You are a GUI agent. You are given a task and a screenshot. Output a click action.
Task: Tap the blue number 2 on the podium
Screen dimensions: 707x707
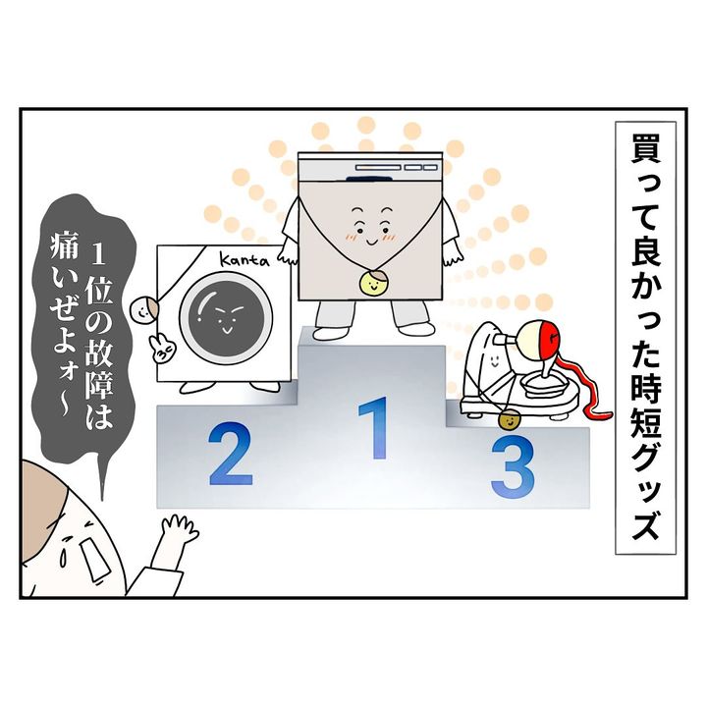click(x=231, y=454)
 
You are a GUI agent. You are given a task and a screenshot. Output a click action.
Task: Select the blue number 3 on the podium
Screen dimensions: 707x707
click(x=513, y=467)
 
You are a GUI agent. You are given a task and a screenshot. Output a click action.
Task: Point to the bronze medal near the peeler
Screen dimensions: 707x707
click(x=509, y=420)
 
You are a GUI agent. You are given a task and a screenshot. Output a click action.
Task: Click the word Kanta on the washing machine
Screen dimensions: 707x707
click(x=244, y=259)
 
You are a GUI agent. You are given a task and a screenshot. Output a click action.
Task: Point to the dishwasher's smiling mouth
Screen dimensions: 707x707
click(x=372, y=243)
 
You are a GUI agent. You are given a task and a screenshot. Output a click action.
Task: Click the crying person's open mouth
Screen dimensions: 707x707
click(x=94, y=559)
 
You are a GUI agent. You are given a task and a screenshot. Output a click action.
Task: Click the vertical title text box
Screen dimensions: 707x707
click(x=645, y=338)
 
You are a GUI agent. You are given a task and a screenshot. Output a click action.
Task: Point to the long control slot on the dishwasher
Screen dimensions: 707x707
click(x=377, y=168)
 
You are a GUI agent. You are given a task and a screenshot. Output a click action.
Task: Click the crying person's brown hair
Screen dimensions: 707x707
click(x=43, y=492)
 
